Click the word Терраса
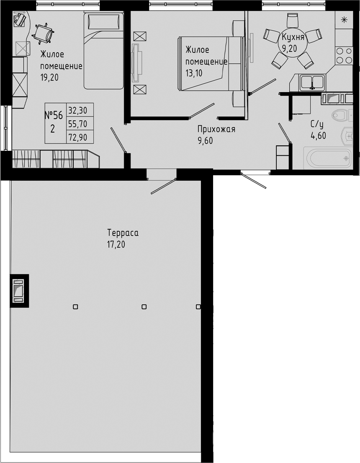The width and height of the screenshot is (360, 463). click(123, 233)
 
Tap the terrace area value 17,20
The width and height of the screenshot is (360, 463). click(116, 245)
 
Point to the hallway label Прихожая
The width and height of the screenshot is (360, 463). click(216, 129)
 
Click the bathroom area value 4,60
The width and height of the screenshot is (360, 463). click(318, 135)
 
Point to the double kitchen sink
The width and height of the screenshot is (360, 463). click(312, 81)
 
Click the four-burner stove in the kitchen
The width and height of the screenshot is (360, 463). click(344, 55)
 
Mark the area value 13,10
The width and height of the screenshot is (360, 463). click(193, 72)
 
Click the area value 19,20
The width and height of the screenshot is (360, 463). click(50, 78)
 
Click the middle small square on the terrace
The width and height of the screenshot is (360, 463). click(144, 307)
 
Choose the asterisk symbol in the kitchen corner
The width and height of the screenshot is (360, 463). click(344, 20)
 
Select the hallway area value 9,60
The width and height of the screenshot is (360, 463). click(205, 141)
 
